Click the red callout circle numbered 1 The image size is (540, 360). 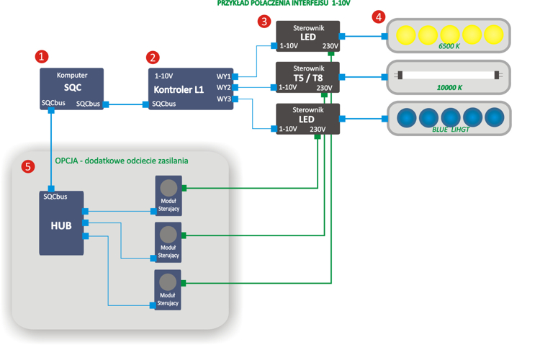[42, 56]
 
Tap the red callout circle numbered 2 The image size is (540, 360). [153, 58]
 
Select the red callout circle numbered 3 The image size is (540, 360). [264, 22]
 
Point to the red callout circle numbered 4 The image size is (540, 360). [378, 17]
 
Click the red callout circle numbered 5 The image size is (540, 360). [27, 167]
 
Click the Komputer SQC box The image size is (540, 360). [72, 89]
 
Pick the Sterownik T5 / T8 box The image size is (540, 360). [307, 77]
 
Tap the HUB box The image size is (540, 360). [61, 223]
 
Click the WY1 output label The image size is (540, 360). [223, 76]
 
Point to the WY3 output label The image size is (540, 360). [223, 99]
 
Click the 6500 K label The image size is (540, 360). [450, 46]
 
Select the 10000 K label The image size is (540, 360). [450, 88]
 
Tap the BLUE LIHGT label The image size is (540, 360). [450, 130]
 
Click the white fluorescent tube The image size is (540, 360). [449, 75]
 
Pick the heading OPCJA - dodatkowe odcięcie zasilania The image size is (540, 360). [122, 161]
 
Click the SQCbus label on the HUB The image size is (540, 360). [55, 197]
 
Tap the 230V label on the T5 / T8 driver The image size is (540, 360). [324, 88]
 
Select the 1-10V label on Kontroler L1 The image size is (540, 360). [163, 76]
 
